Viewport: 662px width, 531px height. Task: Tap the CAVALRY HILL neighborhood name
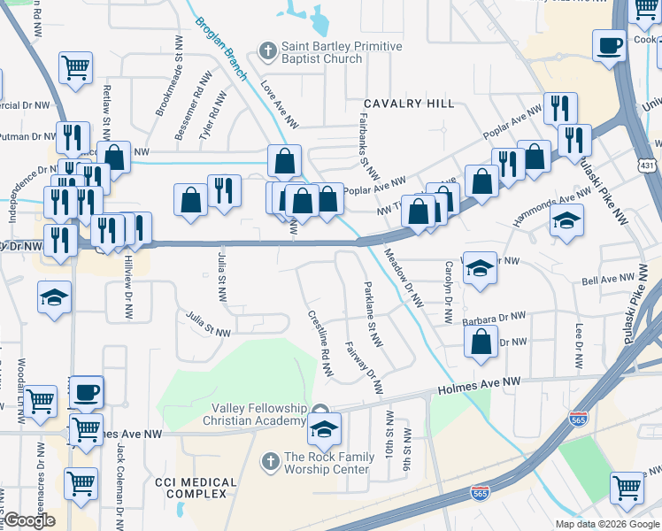401,104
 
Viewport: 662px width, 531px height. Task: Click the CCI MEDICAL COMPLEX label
196,489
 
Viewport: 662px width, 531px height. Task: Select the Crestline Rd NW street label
319,346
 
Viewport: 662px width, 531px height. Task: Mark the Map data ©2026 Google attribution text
606,524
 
